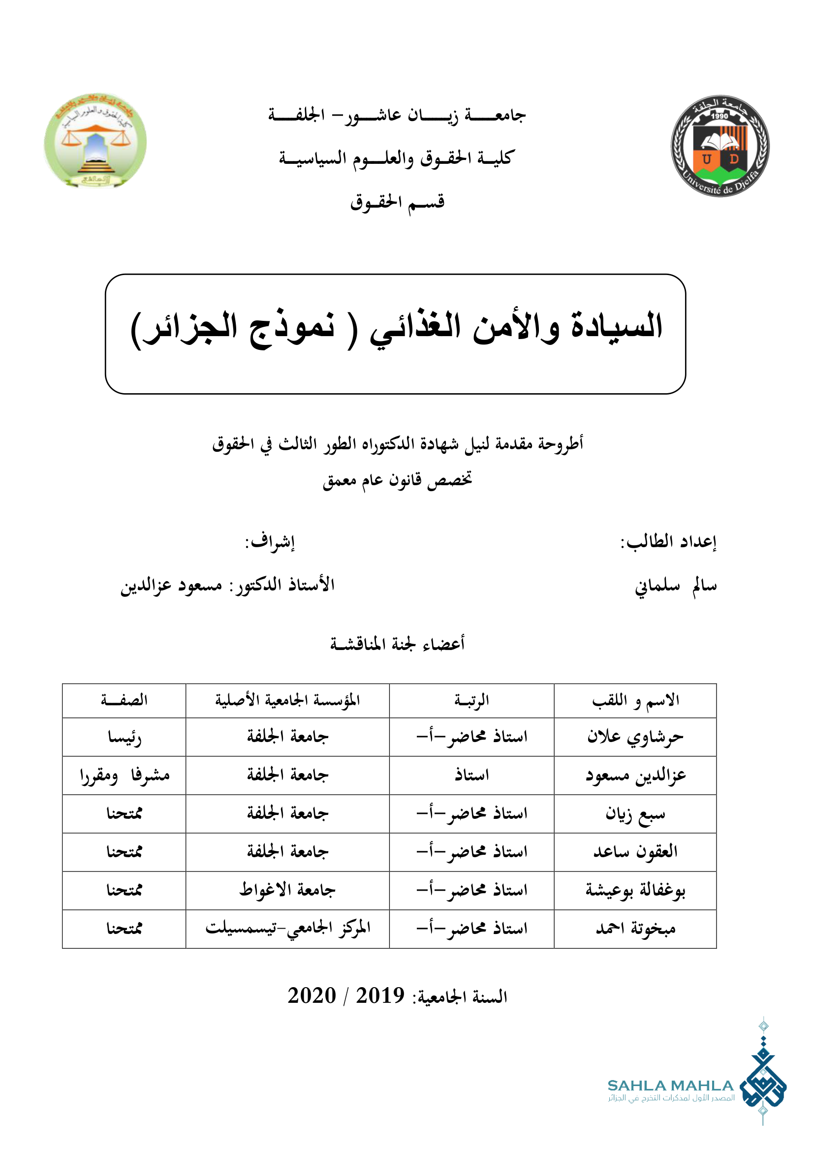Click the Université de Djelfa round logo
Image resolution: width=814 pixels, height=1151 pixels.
720,145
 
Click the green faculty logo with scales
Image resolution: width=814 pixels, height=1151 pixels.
95,141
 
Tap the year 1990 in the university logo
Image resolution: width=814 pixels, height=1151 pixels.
720,116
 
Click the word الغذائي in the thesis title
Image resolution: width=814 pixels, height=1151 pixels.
415,328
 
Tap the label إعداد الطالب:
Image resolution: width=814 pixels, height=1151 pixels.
669,542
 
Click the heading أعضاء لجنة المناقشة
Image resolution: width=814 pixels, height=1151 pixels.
397,644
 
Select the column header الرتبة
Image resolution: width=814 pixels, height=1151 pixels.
471,700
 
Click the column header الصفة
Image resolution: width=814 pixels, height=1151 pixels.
125,700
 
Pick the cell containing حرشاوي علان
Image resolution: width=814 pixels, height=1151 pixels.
635,737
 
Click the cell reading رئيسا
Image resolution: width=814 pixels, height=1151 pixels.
125,738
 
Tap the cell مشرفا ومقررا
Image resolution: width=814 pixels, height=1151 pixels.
125,776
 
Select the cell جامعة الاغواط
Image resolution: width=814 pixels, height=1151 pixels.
287,890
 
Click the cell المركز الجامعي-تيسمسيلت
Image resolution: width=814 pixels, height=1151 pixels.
288,929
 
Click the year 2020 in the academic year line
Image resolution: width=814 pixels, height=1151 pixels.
311,995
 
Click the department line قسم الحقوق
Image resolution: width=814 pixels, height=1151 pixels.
397,202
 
